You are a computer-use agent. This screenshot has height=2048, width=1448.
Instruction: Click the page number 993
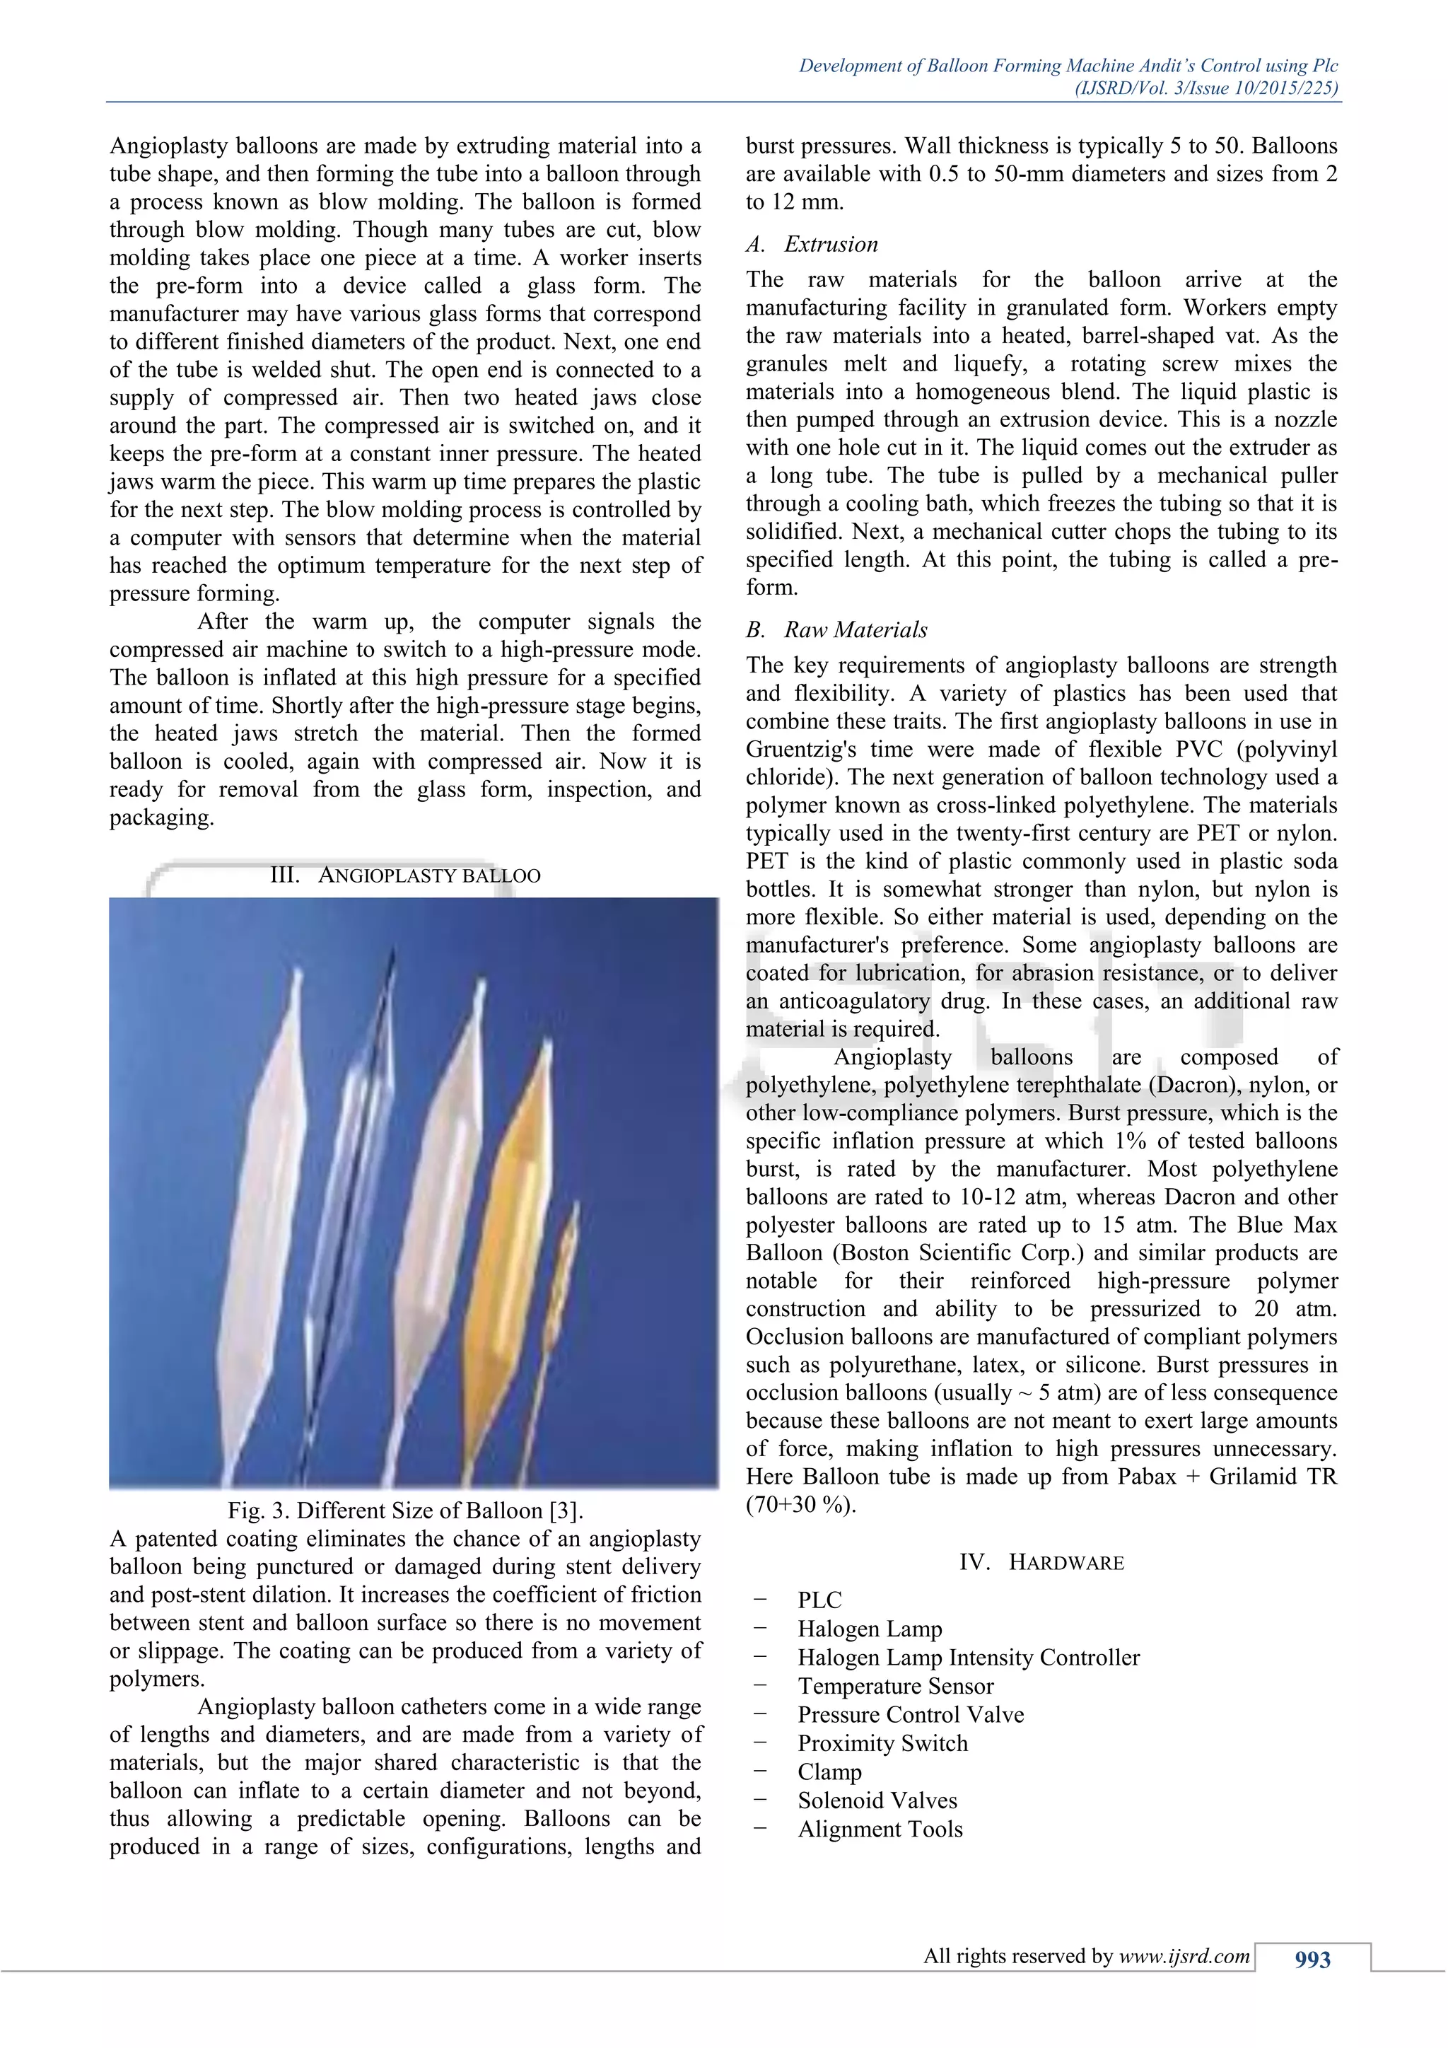pyautogui.click(x=1312, y=1960)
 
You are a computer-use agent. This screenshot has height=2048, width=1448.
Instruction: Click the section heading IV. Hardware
pyautogui.click(x=1041, y=1562)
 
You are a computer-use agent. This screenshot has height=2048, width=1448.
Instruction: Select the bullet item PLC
pyautogui.click(x=819, y=1600)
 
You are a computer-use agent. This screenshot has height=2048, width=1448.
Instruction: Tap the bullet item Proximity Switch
pyautogui.click(x=882, y=1743)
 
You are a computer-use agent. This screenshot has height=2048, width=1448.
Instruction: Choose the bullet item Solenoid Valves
pyautogui.click(x=877, y=1800)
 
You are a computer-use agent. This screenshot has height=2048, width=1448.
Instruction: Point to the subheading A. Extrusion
pyautogui.click(x=812, y=245)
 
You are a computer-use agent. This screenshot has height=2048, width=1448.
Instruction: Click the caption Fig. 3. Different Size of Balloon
pyautogui.click(x=405, y=1510)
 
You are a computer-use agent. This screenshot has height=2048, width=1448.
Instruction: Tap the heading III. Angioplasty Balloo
pyautogui.click(x=405, y=875)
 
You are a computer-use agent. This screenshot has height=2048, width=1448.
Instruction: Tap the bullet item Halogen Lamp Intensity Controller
pyautogui.click(x=969, y=1658)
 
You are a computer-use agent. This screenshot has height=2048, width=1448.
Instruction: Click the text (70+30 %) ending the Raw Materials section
pyautogui.click(x=800, y=1505)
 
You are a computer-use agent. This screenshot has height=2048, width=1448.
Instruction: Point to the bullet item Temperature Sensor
pyautogui.click(x=895, y=1686)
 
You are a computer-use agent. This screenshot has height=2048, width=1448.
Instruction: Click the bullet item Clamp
pyautogui.click(x=829, y=1771)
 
